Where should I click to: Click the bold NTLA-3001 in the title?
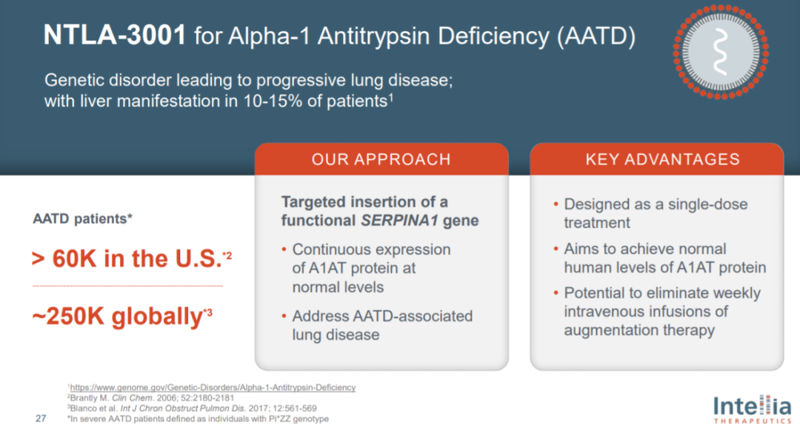click(115, 35)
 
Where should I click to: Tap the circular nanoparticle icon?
click(721, 52)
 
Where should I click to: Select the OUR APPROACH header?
click(381, 159)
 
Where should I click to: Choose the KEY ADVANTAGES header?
click(662, 159)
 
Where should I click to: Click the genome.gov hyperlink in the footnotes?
click(213, 387)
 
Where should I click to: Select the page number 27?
click(41, 418)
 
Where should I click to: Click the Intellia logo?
click(752, 409)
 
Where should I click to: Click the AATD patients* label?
click(83, 218)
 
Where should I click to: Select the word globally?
click(157, 317)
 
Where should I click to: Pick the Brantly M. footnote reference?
click(152, 398)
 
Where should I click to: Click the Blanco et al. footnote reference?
click(192, 409)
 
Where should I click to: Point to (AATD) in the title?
click(596, 36)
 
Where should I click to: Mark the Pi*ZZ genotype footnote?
click(198, 419)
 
